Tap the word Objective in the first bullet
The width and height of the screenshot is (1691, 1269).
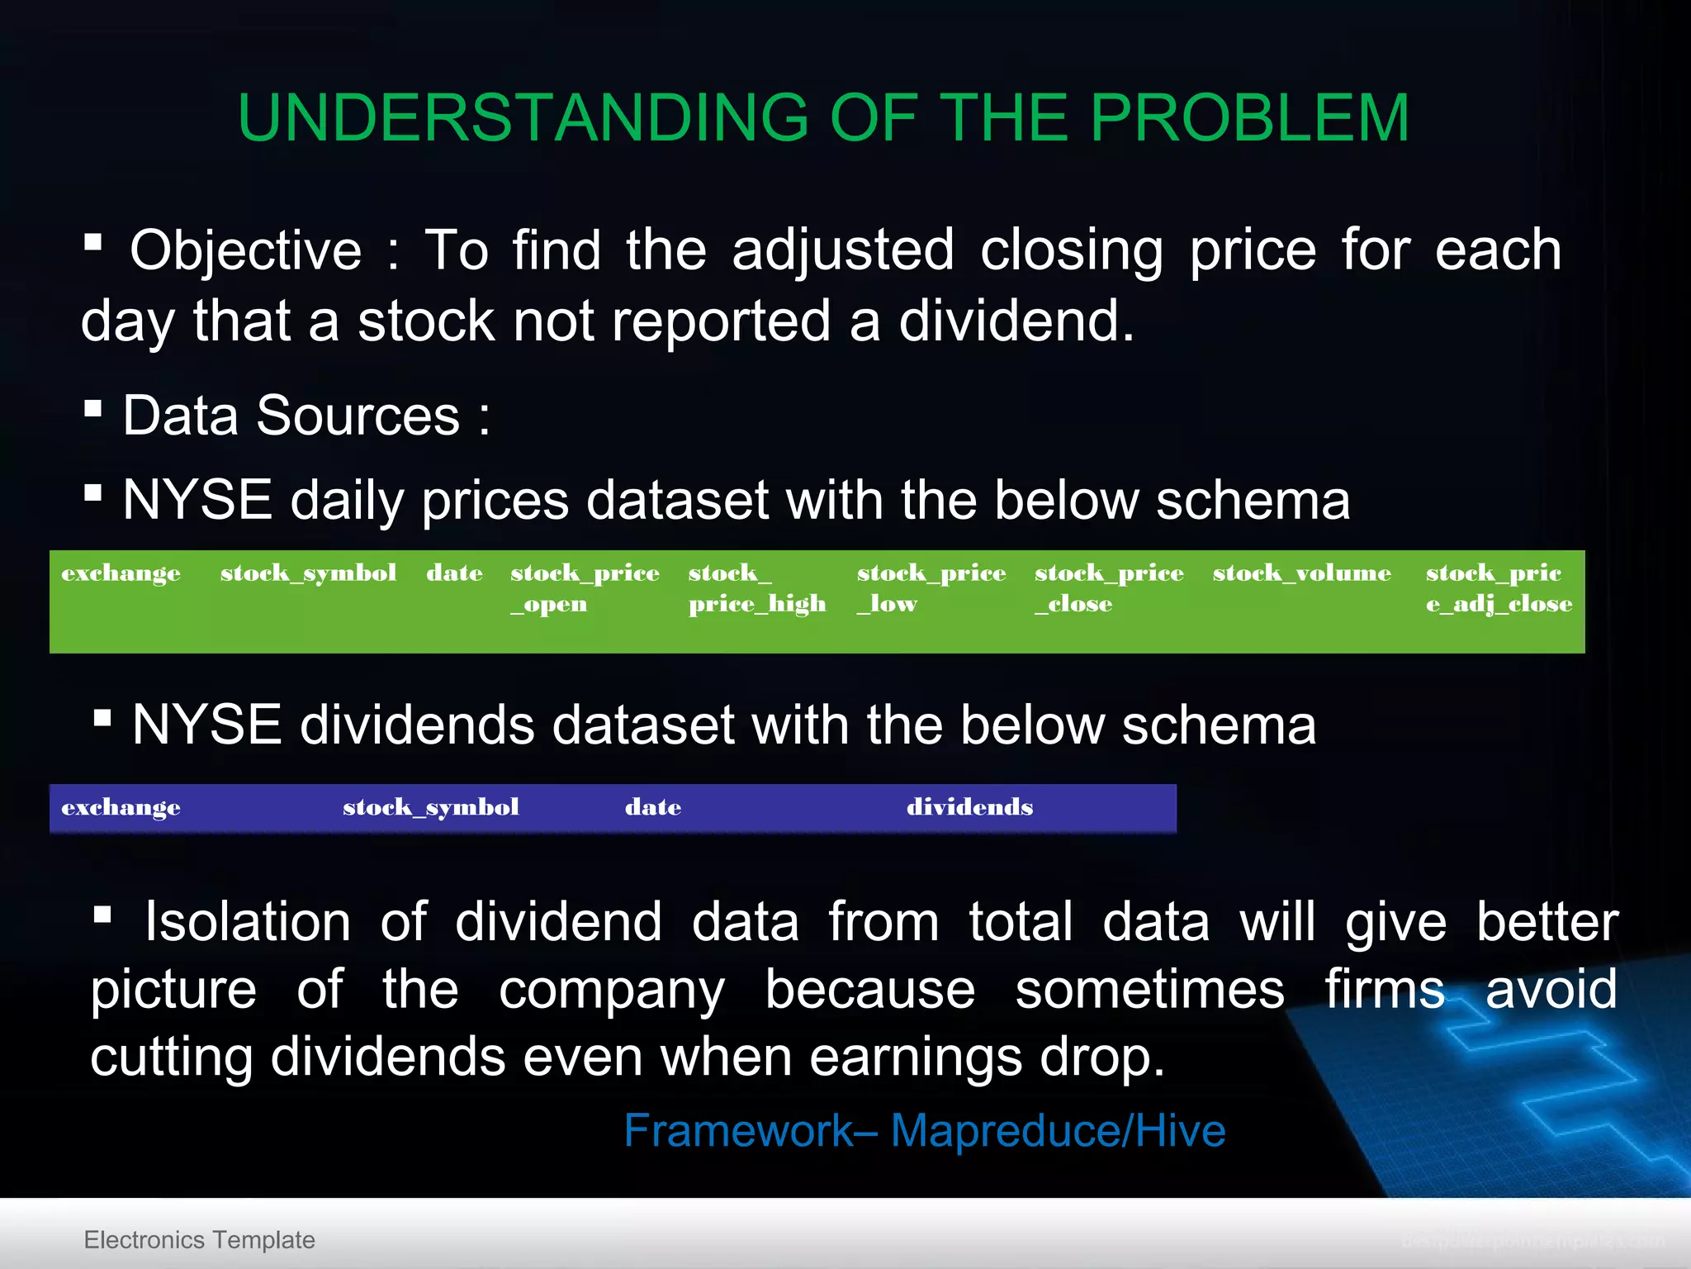click(245, 250)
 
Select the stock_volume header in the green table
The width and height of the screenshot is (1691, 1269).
click(1301, 573)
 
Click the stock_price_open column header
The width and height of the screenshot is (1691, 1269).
click(584, 587)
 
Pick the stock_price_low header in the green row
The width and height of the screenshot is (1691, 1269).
click(931, 587)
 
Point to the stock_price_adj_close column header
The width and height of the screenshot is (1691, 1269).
click(1498, 587)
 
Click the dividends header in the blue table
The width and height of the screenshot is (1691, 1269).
click(969, 806)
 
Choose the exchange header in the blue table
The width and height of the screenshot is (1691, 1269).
click(121, 807)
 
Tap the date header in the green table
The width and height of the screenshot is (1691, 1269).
click(454, 573)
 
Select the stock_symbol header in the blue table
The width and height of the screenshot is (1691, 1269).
click(430, 807)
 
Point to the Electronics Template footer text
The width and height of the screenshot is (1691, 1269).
click(199, 1239)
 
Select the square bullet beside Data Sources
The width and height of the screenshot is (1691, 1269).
click(93, 408)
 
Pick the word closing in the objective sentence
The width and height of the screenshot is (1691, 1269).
click(1072, 250)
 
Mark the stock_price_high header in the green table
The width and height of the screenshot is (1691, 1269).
click(756, 587)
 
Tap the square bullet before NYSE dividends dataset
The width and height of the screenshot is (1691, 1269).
click(102, 717)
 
